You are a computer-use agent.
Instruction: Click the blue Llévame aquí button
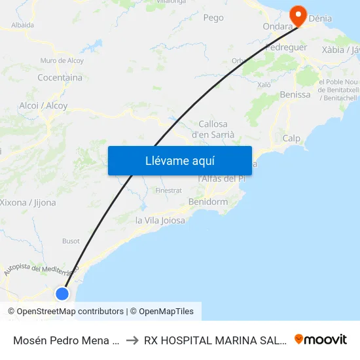coord(179,160)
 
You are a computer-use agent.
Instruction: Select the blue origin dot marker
coord(62,293)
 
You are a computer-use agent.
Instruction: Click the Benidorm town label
coord(207,202)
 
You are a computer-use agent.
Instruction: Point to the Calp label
coord(291,138)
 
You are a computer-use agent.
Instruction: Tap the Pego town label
coord(213,18)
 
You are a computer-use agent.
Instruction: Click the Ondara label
coord(276,27)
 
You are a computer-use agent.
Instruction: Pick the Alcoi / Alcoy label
coord(43,105)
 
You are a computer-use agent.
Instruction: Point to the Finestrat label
coord(168,190)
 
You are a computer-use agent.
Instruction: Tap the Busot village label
coord(71,241)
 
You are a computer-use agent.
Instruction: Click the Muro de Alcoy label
coord(62,61)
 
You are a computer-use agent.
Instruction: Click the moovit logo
coord(321,339)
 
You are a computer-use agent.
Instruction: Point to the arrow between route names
coord(132,340)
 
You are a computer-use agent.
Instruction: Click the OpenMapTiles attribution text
coord(162,312)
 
